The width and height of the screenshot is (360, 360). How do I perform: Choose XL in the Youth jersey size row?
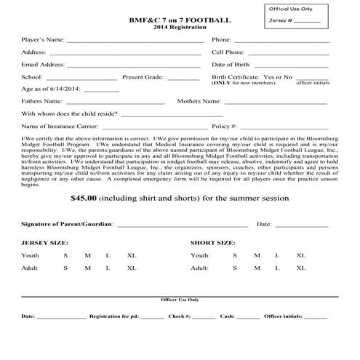point(132,256)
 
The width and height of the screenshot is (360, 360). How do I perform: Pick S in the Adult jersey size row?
point(65,268)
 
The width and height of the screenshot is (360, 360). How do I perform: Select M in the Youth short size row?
point(257,256)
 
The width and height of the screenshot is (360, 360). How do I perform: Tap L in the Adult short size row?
point(278,268)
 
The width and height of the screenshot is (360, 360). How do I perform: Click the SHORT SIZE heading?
point(212,242)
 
